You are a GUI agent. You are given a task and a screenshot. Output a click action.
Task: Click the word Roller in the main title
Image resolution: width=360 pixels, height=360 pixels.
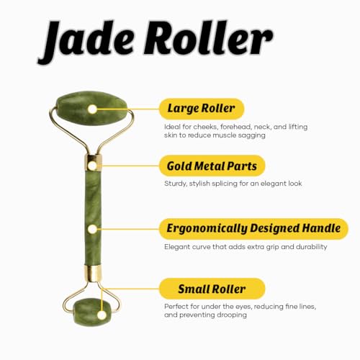click(x=208, y=37)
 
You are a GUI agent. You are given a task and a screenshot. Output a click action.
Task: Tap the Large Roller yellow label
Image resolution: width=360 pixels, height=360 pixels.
click(x=202, y=109)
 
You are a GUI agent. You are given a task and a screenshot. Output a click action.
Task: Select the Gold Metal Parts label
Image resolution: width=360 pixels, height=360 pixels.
click(x=212, y=166)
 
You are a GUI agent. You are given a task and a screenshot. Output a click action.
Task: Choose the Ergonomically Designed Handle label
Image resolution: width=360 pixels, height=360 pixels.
click(x=253, y=228)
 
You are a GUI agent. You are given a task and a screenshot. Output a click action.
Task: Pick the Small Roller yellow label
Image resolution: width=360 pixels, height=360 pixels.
click(x=212, y=289)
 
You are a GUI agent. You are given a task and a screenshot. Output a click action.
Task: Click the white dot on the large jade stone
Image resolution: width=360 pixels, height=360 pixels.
click(x=92, y=109)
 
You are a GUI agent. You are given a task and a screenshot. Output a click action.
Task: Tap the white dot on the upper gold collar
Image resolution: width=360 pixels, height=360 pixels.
click(x=92, y=166)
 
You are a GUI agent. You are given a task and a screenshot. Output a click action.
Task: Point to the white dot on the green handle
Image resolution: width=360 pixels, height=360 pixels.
click(x=92, y=229)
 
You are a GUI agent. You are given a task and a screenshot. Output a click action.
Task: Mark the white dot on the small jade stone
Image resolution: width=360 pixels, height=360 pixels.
click(x=102, y=315)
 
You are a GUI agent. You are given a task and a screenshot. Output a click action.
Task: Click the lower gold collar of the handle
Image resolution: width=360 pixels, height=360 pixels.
click(x=93, y=274)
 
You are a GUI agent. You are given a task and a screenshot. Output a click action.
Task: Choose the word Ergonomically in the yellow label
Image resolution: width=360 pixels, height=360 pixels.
click(x=207, y=228)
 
